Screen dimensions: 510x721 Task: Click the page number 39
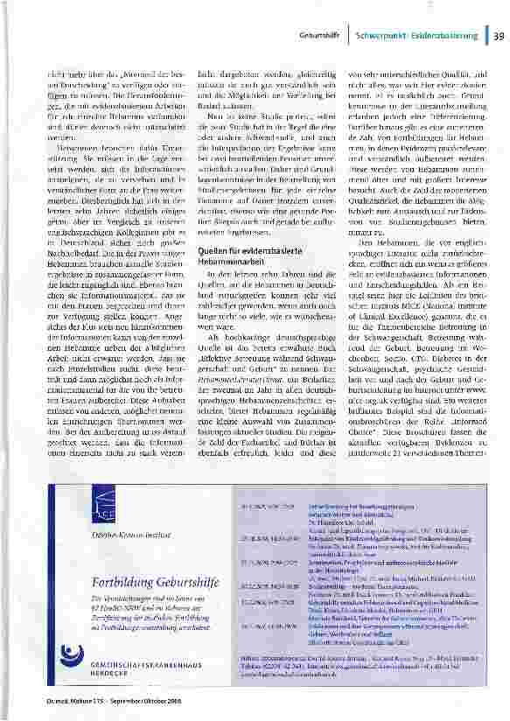(498, 35)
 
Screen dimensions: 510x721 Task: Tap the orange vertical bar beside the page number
(485, 35)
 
